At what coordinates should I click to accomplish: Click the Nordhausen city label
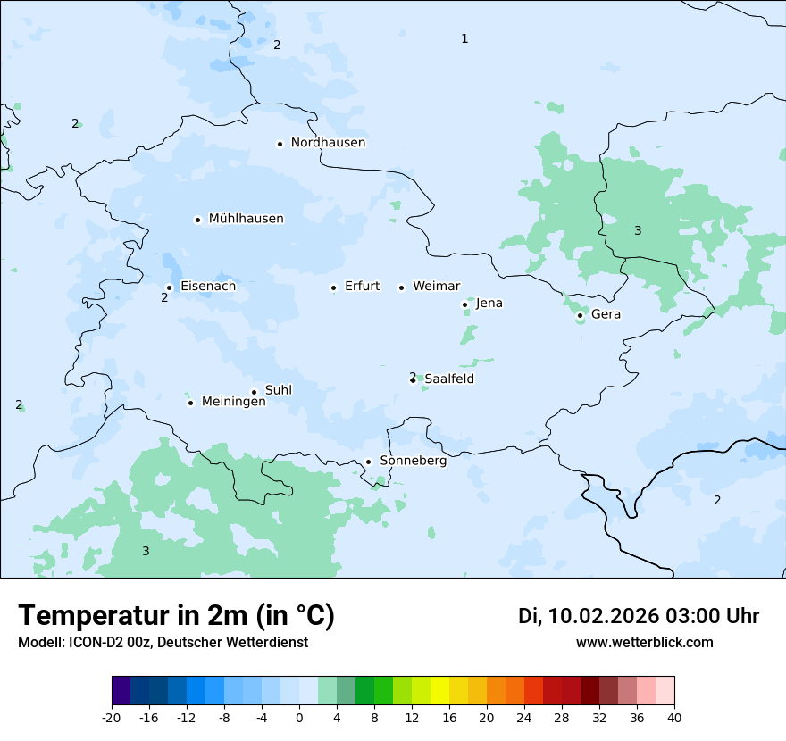(x=328, y=143)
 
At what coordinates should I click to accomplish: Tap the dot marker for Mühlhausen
(x=197, y=220)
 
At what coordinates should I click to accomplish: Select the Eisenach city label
(x=208, y=287)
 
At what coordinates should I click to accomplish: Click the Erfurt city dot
(x=333, y=287)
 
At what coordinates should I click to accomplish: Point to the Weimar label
(x=436, y=287)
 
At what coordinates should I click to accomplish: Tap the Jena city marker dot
(x=464, y=304)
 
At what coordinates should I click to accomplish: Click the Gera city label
(x=606, y=314)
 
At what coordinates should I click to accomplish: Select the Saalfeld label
(x=449, y=379)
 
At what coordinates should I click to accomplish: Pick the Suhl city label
(x=279, y=390)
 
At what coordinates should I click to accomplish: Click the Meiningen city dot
(x=190, y=403)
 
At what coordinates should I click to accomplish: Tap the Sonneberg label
(x=413, y=462)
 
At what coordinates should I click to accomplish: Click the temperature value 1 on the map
(x=464, y=38)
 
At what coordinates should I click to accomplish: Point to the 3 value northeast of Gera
(x=638, y=231)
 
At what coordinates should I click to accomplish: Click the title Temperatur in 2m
(x=176, y=616)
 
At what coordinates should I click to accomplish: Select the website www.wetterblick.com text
(x=644, y=643)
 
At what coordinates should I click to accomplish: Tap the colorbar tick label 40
(x=673, y=718)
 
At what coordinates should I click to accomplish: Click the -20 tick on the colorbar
(x=112, y=718)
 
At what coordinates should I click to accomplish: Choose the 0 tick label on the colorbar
(x=299, y=718)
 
